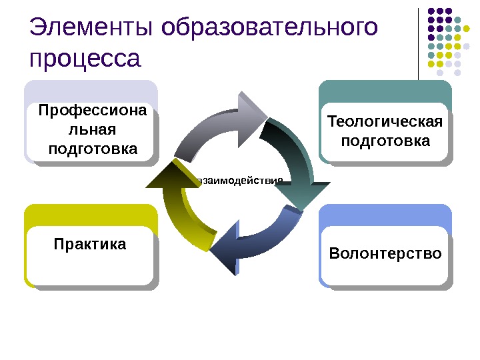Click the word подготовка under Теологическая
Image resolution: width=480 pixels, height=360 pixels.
tap(385, 141)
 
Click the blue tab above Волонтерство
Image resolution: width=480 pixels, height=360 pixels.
tap(385, 216)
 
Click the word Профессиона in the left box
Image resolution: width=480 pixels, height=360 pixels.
tap(92, 111)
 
